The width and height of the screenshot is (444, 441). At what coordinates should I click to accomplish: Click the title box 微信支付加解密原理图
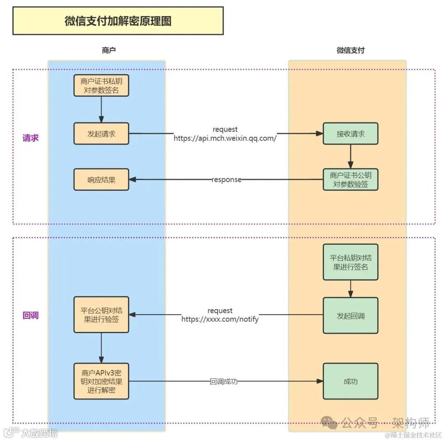[118, 21]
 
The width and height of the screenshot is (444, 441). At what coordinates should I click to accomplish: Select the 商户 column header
[109, 51]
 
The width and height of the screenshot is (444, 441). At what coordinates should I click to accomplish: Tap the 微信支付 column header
[350, 51]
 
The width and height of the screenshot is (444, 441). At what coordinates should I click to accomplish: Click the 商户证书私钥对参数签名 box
[101, 86]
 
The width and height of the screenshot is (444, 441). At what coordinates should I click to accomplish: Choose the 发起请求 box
[101, 133]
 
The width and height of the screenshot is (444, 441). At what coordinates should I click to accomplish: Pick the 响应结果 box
[101, 179]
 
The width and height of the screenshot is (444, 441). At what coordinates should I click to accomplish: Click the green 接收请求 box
[350, 133]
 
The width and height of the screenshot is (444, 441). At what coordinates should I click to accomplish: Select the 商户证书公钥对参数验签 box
[350, 179]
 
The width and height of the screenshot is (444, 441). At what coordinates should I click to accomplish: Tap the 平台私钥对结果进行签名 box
[350, 262]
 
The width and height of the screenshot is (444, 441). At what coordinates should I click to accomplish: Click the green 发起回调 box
[350, 315]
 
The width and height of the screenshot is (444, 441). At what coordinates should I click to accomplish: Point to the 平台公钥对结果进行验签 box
[101, 314]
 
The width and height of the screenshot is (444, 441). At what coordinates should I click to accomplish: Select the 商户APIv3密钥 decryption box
[101, 381]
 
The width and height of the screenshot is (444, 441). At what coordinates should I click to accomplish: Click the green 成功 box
[350, 381]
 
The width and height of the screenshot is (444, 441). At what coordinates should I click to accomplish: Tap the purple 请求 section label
[30, 138]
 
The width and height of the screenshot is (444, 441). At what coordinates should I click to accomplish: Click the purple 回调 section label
[30, 316]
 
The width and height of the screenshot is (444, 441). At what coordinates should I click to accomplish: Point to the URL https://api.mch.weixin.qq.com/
[225, 138]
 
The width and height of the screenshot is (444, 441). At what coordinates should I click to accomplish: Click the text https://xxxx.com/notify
[220, 319]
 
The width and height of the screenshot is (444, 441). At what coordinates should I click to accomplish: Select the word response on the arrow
[227, 180]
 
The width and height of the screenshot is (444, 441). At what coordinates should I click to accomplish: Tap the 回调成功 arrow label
[224, 381]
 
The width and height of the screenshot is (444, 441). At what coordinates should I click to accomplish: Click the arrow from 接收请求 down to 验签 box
[350, 155]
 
